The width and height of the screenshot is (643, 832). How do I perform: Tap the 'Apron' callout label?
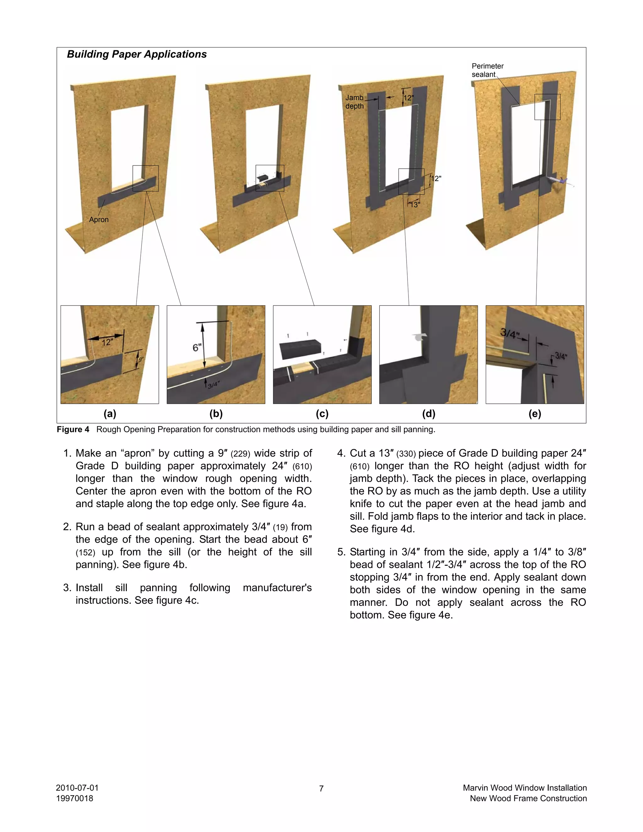(99, 220)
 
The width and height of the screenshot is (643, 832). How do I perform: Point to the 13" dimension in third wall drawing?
(415, 205)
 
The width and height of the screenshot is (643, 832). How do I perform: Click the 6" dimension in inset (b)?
(197, 348)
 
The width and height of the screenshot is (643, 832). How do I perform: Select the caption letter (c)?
(322, 414)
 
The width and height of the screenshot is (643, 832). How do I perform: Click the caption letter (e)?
(534, 414)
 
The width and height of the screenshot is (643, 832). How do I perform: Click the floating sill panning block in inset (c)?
(300, 348)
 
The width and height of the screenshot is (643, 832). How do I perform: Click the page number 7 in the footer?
(321, 789)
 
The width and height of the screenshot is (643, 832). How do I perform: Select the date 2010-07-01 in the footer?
(77, 787)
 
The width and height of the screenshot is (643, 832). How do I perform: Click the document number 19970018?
(75, 798)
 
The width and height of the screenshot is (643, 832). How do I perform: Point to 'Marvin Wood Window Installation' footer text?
(525, 787)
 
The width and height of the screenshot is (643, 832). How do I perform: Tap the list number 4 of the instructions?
(341, 453)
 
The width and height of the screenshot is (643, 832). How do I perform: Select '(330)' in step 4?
(406, 454)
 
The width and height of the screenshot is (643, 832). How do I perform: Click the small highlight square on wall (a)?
(145, 178)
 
